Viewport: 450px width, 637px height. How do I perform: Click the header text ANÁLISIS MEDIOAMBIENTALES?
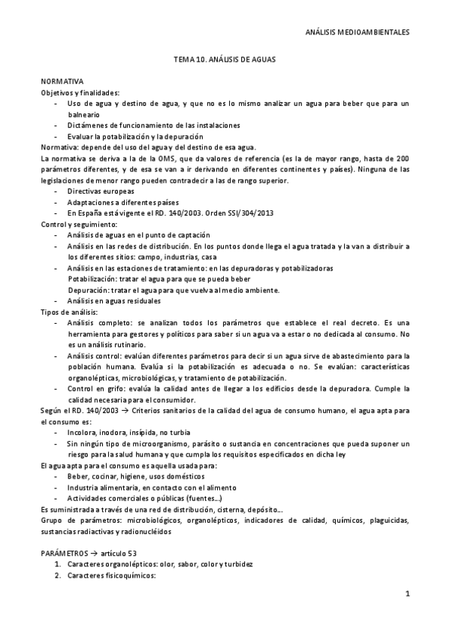click(363, 33)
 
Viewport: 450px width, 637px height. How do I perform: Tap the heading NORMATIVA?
click(62, 80)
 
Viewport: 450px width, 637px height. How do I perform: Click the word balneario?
click(84, 114)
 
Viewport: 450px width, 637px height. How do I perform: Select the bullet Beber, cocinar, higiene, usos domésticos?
click(129, 476)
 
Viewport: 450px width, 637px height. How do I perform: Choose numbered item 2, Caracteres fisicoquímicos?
click(110, 575)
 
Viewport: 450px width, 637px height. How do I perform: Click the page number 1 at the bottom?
click(406, 596)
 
